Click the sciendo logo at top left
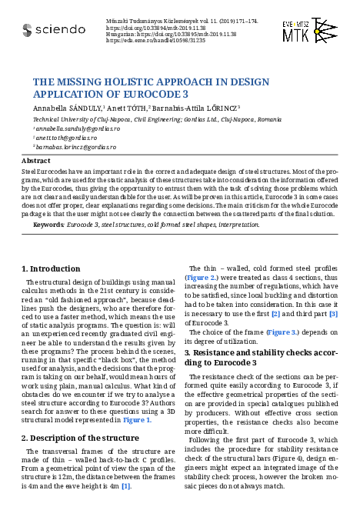54,30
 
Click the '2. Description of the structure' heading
79,438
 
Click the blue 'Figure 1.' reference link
138,420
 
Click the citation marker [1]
126,486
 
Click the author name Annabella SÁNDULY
66,109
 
